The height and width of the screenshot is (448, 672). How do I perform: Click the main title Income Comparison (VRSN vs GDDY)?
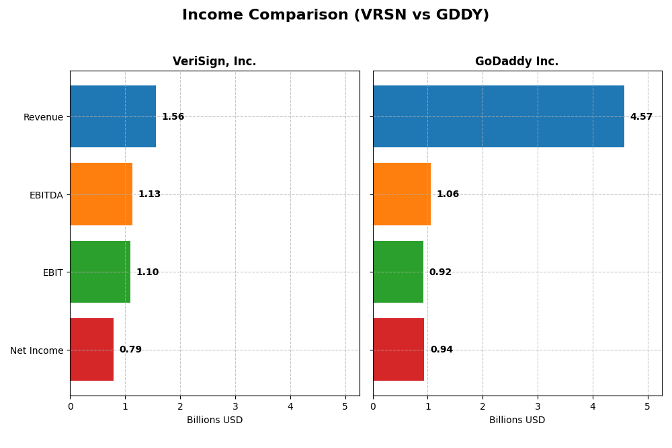click(x=335, y=15)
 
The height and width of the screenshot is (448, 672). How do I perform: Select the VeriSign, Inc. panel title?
click(x=214, y=61)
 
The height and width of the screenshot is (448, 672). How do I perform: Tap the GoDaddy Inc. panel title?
click(x=517, y=61)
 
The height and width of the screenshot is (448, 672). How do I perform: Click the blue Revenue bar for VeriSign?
click(x=113, y=116)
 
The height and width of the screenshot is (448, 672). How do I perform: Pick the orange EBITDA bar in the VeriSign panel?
click(x=101, y=194)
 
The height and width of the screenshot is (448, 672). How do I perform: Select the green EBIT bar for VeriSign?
click(x=100, y=272)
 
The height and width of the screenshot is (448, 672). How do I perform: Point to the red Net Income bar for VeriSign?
click(x=91, y=349)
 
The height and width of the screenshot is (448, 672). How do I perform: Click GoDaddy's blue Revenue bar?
click(x=498, y=116)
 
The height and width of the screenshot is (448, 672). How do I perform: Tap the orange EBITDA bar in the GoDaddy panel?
click(x=402, y=194)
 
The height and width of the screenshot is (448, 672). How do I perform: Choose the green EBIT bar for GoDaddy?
click(x=398, y=272)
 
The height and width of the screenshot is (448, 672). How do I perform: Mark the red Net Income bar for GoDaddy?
click(x=398, y=349)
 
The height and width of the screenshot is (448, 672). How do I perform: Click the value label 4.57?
click(x=641, y=117)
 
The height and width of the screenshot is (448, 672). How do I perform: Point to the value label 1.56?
click(x=173, y=117)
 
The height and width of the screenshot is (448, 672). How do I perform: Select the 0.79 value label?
click(x=130, y=350)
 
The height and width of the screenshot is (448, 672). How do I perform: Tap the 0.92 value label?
click(x=440, y=272)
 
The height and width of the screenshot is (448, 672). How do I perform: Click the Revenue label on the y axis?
click(x=43, y=117)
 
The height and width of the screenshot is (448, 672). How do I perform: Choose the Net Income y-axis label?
click(x=37, y=350)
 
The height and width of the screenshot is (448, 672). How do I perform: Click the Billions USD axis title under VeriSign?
click(x=214, y=420)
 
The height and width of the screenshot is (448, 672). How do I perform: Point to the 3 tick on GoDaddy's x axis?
click(x=538, y=406)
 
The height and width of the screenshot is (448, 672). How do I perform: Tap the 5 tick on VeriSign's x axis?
click(x=345, y=406)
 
